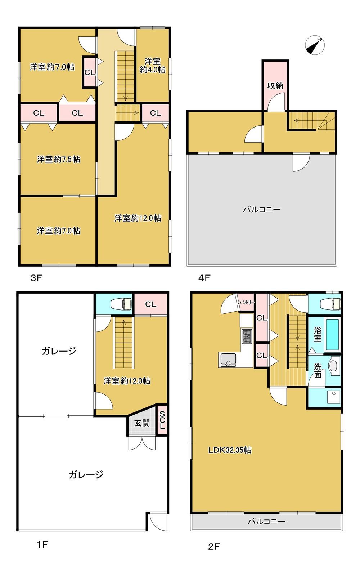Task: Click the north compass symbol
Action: pos(315,45)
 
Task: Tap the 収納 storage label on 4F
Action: pos(275,86)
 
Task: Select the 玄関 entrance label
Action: pos(142,423)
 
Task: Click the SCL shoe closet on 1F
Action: pos(162,420)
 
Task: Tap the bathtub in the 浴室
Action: pos(332,335)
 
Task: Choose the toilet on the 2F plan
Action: pos(330,304)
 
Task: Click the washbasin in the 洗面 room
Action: pos(333,366)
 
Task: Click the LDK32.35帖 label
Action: pos(230,450)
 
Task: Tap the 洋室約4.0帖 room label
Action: pos(153,65)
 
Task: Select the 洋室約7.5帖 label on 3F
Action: pos(59,160)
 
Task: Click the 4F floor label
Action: pos(204,278)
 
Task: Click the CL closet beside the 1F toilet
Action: pos(150,304)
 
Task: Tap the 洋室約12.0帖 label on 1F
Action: pos(127,381)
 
